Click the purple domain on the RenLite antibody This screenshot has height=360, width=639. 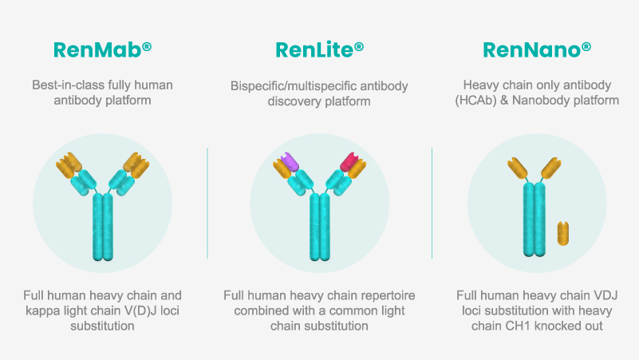(290, 161)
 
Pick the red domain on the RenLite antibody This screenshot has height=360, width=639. (349, 162)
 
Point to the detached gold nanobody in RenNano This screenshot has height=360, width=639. (562, 233)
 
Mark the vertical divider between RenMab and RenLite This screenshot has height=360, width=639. (207, 203)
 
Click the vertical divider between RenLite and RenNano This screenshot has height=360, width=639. (432, 203)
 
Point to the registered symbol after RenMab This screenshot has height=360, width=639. (147, 47)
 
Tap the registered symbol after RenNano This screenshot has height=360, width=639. (586, 47)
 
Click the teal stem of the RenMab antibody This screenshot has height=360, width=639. (103, 227)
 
